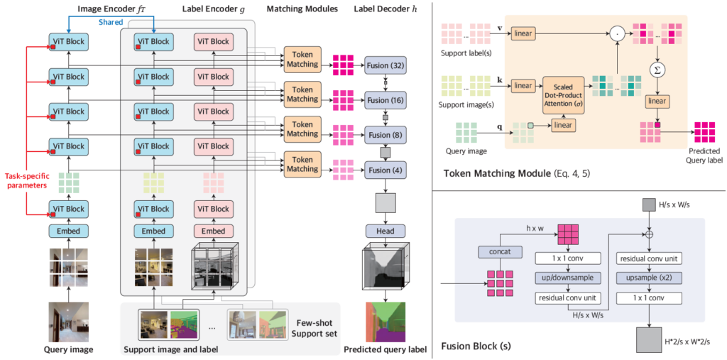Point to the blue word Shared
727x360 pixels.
coord(111,22)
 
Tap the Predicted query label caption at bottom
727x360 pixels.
coord(385,349)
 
